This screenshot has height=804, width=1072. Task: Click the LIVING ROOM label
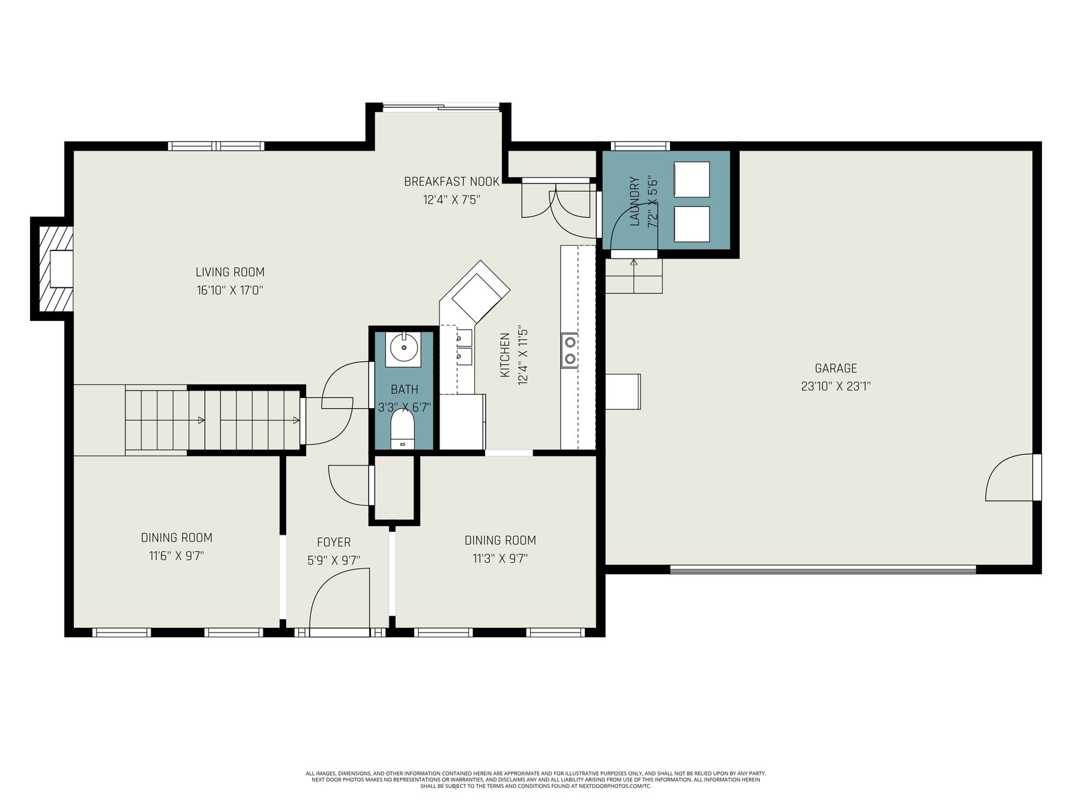click(x=230, y=272)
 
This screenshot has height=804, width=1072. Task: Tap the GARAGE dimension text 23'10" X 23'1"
click(x=835, y=387)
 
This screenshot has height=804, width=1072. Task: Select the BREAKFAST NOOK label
click(x=452, y=182)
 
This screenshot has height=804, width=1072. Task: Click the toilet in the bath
click(x=403, y=428)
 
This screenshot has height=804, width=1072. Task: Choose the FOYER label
click(x=334, y=542)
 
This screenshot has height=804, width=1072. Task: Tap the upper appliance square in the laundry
click(x=691, y=180)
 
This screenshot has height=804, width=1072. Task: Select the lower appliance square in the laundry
click(x=691, y=224)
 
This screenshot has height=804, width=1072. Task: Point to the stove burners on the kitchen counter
click(x=569, y=350)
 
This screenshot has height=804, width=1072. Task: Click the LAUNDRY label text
click(x=634, y=201)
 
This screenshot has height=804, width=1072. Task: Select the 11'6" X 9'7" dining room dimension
click(x=176, y=556)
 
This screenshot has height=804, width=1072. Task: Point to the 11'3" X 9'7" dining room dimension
click(x=500, y=559)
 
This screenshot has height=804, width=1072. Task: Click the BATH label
click(x=405, y=389)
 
